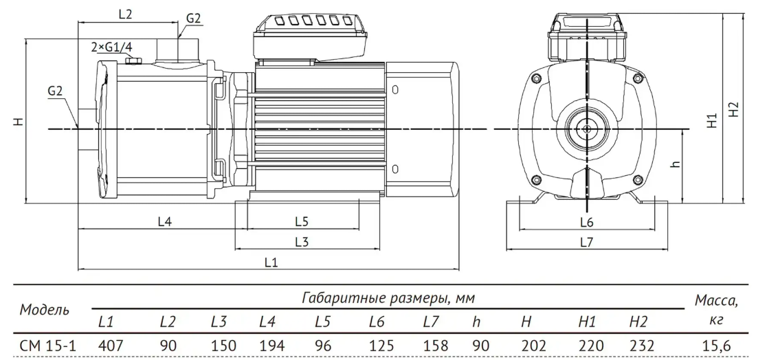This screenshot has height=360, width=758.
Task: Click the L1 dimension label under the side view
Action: click(x=271, y=262)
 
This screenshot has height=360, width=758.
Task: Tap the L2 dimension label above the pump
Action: click(x=125, y=14)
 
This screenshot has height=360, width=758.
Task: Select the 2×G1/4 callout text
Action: click(x=111, y=47)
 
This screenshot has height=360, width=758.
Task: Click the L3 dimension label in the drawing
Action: click(x=302, y=242)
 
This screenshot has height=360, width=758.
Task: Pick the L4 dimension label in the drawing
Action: click(x=166, y=221)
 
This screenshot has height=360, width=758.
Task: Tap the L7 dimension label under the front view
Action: click(x=586, y=243)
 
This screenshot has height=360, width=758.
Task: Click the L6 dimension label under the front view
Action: click(x=586, y=222)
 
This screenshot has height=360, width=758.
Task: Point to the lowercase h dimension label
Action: click(x=677, y=164)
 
